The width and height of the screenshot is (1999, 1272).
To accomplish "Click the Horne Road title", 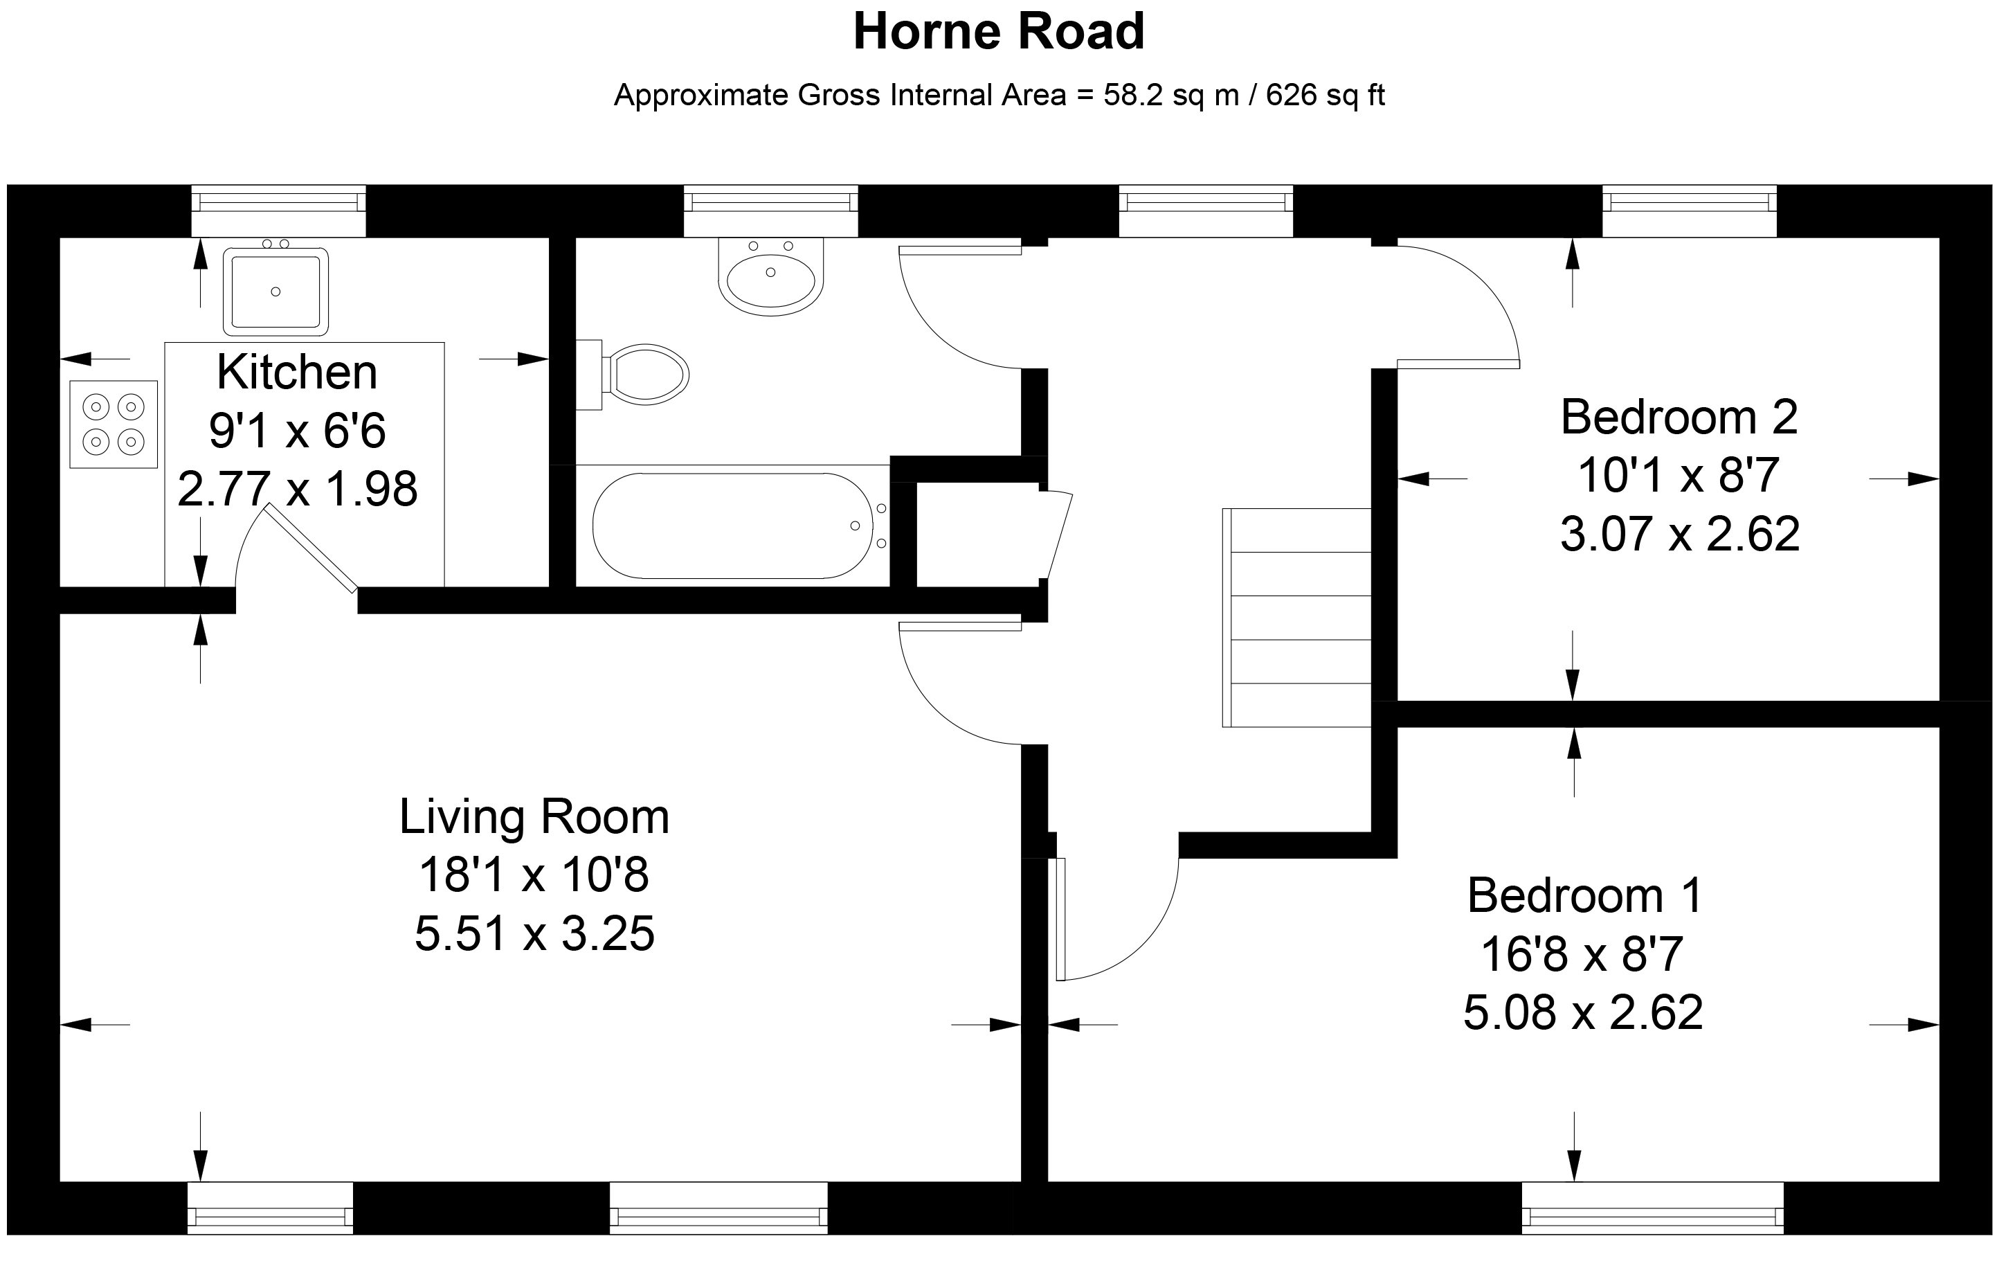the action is pyautogui.click(x=999, y=32).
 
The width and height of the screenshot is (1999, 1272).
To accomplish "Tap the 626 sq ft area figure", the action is pyautogui.click(x=1326, y=96).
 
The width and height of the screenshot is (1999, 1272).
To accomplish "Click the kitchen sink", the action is pyautogui.click(x=275, y=291).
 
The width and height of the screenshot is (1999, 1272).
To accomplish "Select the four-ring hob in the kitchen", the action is pyautogui.click(x=114, y=424).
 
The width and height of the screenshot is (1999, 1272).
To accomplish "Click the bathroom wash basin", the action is pyautogui.click(x=771, y=276).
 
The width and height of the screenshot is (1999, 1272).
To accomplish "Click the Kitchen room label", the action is pyautogui.click(x=297, y=372).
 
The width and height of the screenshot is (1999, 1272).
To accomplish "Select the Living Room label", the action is pyautogui.click(x=534, y=816).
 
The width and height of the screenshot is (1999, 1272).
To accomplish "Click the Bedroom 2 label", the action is pyautogui.click(x=1679, y=417).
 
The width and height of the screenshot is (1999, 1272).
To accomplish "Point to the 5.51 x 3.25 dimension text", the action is pyautogui.click(x=534, y=933).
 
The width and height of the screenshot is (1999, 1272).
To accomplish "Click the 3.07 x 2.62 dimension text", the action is pyautogui.click(x=1680, y=534).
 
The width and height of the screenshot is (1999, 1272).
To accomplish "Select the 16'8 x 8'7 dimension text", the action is pyautogui.click(x=1582, y=954).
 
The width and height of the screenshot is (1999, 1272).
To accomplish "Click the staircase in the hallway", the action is pyautogui.click(x=1296, y=618).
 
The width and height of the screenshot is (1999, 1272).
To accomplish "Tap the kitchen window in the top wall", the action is pyautogui.click(x=279, y=211).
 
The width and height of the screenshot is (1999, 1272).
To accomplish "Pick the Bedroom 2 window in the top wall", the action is pyautogui.click(x=1690, y=211).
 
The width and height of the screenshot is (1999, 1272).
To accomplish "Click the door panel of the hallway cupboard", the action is pyautogui.click(x=1057, y=535).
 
